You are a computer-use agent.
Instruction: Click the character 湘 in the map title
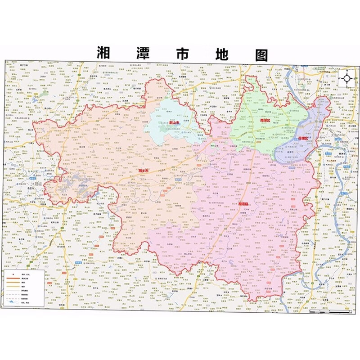click(104, 54)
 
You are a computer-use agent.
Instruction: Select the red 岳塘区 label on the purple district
click(304, 139)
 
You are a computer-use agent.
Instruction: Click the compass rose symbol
click(347, 79)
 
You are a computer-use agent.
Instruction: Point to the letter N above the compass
click(347, 71)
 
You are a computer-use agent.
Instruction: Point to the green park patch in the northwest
click(44, 93)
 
